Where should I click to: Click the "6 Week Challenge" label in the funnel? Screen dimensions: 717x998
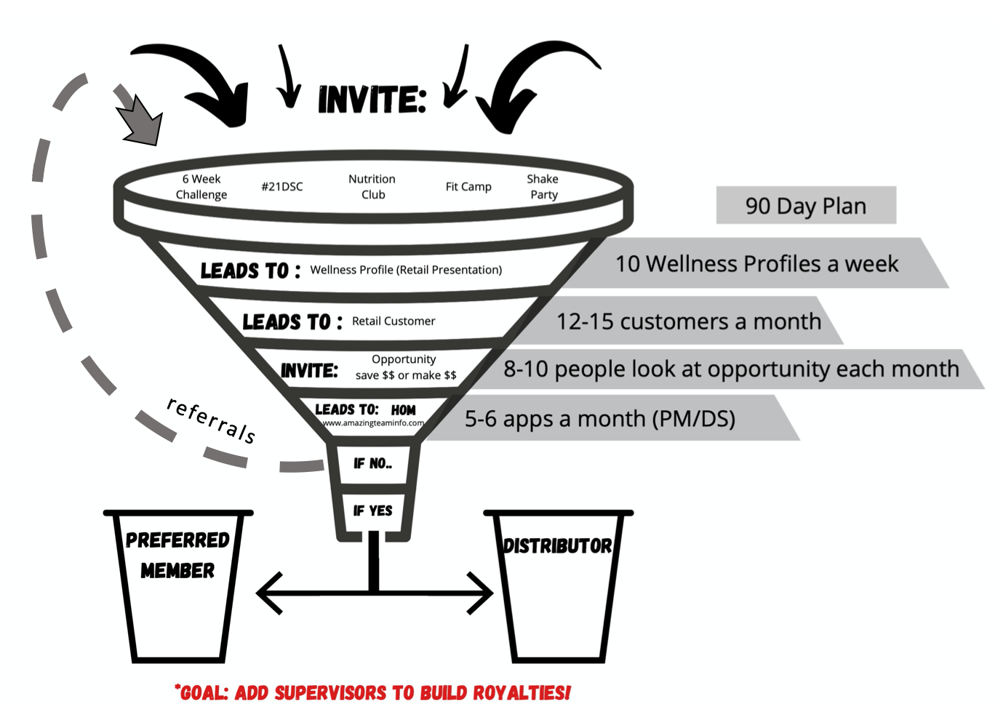pos(201,187)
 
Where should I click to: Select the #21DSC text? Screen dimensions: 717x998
pos(282,187)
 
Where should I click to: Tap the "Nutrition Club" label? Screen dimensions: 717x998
pos(372,187)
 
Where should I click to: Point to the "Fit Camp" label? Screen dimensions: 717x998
pos(468,187)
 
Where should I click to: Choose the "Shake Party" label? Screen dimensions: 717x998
pos(543,187)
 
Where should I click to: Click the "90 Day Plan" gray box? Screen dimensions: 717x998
pos(805,206)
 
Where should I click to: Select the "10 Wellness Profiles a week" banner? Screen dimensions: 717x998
pos(757,263)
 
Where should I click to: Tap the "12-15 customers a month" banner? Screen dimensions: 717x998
pos(688,321)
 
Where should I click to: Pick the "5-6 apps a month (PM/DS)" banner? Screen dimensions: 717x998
pos(600,419)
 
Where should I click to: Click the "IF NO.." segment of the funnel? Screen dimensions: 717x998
pos(372,463)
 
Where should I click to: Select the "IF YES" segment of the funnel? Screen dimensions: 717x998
pos(372,510)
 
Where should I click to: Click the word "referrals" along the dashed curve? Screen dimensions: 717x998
pos(211,420)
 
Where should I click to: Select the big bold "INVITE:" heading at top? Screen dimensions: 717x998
pos(372,100)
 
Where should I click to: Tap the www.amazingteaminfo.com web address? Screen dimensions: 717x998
pos(373,423)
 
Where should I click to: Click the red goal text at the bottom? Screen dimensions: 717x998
pos(372,692)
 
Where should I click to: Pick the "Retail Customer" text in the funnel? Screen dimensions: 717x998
pos(394,321)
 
